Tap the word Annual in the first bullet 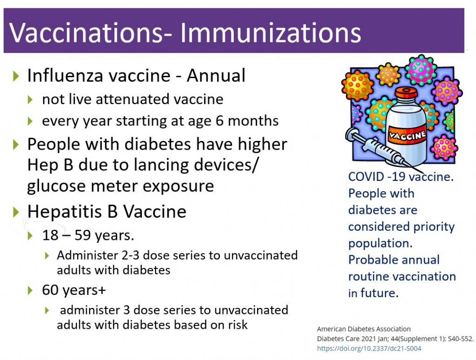tap(216, 75)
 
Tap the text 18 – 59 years tap(88, 235)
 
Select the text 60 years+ tap(74, 290)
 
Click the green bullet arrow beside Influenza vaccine tap(16, 76)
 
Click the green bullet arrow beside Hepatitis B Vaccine tap(16, 212)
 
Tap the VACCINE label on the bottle tap(407, 135)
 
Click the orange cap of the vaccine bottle tap(406, 93)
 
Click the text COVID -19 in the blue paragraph tap(376, 176)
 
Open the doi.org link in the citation tap(369, 348)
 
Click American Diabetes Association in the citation tap(364, 329)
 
